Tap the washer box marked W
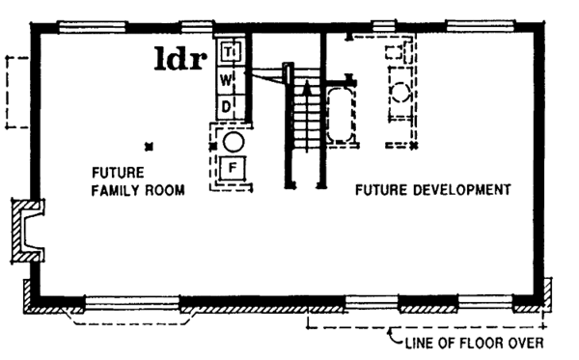[x=225, y=77]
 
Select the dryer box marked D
[x=225, y=104]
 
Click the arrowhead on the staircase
[x=306, y=88]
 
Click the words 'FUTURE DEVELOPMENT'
[x=431, y=190]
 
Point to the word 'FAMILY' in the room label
[x=117, y=189]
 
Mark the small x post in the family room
[x=147, y=147]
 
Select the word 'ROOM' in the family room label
[x=165, y=189]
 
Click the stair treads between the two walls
[x=306, y=121]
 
